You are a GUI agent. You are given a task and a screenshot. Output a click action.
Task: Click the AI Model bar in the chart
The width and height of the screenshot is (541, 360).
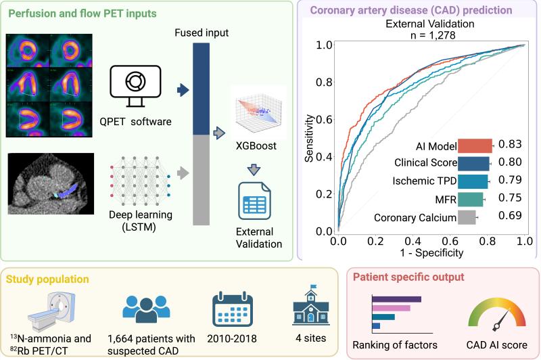coord(475,145)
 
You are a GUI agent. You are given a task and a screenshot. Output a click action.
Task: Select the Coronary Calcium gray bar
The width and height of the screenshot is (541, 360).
coord(467,217)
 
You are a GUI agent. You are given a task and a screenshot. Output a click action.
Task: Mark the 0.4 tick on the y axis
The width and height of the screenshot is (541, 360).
coord(324,157)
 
